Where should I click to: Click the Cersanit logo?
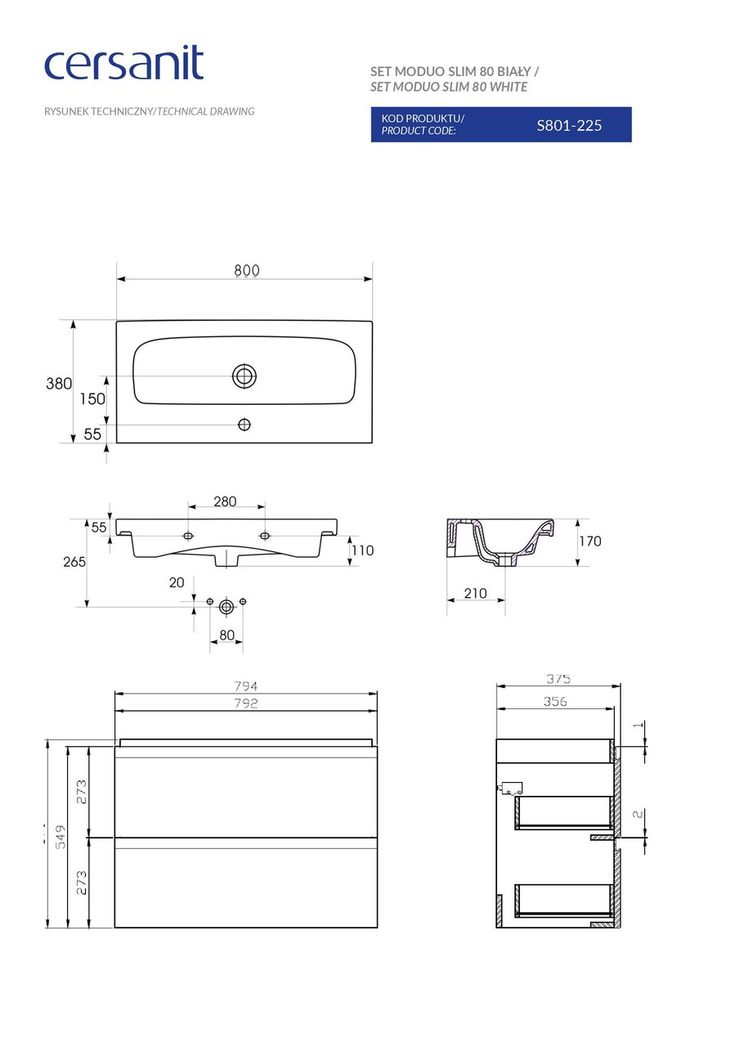pyautogui.click(x=123, y=65)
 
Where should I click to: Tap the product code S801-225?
pyautogui.click(x=569, y=125)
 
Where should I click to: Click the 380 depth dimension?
pyautogui.click(x=59, y=384)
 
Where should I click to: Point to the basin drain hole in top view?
pyautogui.click(x=244, y=376)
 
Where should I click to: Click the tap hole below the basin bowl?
pyautogui.click(x=244, y=425)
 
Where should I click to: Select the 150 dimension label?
pyautogui.click(x=92, y=399)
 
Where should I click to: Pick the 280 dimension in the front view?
pyautogui.click(x=225, y=501)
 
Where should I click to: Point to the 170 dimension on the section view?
pyautogui.click(x=590, y=541)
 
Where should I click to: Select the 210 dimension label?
pyautogui.click(x=475, y=594)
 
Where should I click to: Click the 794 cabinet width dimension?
pyautogui.click(x=246, y=686)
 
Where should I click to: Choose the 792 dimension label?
pyautogui.click(x=246, y=703)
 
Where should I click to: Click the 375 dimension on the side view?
pyautogui.click(x=558, y=679)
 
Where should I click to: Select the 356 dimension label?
pyautogui.click(x=554, y=702)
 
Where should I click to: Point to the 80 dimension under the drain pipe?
pyautogui.click(x=226, y=635)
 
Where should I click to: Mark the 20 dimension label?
pyautogui.click(x=177, y=582)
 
